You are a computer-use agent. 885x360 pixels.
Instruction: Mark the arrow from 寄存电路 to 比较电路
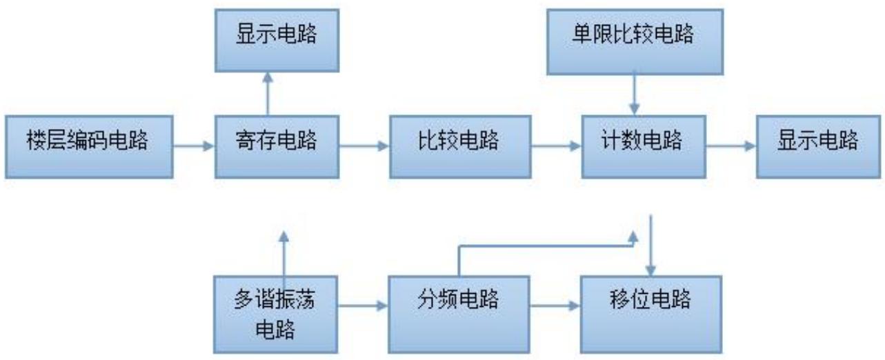click(x=364, y=146)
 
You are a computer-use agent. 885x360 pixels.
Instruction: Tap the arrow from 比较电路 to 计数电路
click(x=556, y=146)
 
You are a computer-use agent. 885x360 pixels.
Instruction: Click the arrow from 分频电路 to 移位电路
click(x=556, y=303)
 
